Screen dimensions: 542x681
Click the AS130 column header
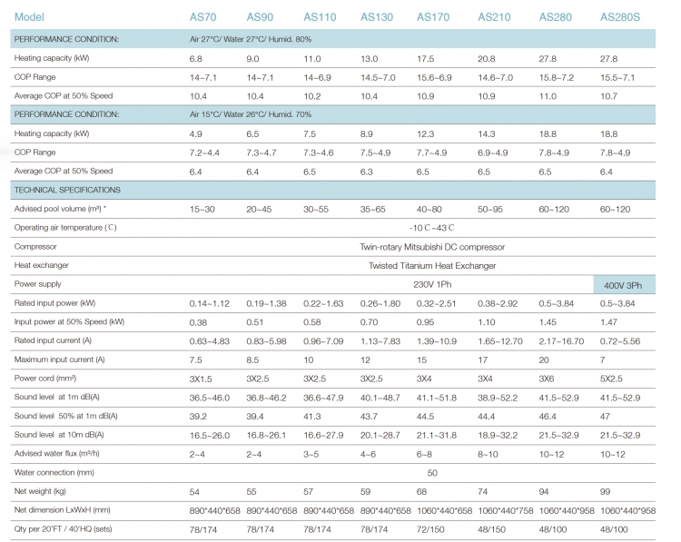[x=376, y=17]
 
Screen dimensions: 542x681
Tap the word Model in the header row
[x=30, y=17]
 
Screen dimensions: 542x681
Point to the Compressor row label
[x=35, y=246]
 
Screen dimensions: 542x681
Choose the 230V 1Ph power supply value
[x=431, y=284]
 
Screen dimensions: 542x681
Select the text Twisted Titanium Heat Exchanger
[x=432, y=265]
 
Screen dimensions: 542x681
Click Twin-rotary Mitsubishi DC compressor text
[x=432, y=246]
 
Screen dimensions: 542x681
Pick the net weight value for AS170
[x=424, y=491]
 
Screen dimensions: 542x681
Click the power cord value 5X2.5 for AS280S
[x=614, y=378]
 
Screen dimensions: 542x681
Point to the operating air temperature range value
[x=431, y=227]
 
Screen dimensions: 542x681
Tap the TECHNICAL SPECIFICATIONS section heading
[x=67, y=190]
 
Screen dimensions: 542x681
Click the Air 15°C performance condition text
[x=250, y=114]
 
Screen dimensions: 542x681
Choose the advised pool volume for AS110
[x=318, y=209]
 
